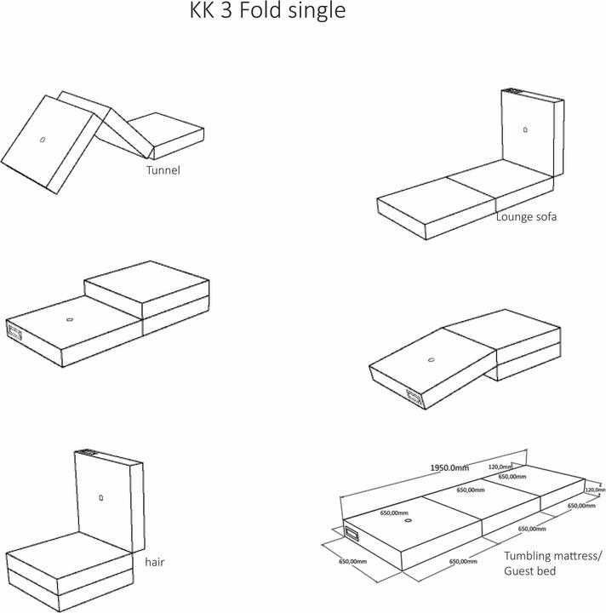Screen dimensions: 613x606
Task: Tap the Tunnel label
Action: (x=163, y=170)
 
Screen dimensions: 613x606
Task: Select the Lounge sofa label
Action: (x=526, y=217)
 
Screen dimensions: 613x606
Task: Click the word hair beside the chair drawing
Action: (x=154, y=563)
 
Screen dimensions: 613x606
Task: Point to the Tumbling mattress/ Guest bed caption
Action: (x=552, y=563)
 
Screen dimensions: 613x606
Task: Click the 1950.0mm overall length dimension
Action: (x=448, y=467)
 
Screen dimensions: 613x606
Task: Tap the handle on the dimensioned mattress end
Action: (x=352, y=535)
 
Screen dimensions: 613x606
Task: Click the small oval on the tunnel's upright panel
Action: (x=42, y=139)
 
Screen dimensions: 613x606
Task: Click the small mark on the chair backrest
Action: (x=100, y=498)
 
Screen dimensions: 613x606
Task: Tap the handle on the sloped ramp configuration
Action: (x=414, y=397)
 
